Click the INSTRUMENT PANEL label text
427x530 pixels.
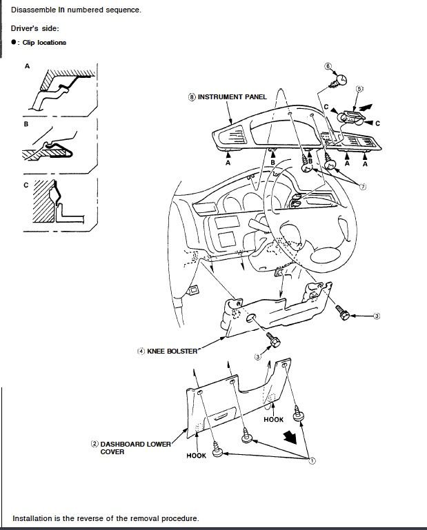[232, 97]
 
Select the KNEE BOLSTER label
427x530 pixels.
[172, 351]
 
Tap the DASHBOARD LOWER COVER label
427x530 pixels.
[136, 448]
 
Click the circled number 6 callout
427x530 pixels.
[328, 66]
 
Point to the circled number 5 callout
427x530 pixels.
[359, 89]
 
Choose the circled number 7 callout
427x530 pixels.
[363, 187]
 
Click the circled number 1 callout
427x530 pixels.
[312, 460]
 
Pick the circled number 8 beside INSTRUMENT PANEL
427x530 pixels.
[192, 97]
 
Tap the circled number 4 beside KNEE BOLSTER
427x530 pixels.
[141, 351]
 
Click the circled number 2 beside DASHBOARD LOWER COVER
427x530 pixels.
[95, 444]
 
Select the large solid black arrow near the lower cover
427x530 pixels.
[290, 437]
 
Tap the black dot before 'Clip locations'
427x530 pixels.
[14, 42]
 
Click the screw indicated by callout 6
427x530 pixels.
[338, 81]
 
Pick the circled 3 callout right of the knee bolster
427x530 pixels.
[377, 316]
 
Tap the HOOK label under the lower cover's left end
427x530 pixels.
[196, 456]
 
